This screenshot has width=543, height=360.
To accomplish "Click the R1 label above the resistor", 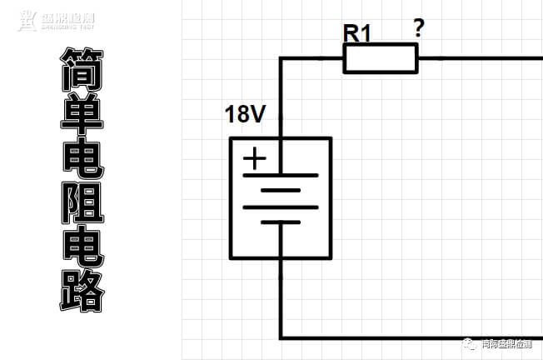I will tap(359, 32).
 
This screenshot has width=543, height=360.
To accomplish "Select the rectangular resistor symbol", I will tap(380, 58).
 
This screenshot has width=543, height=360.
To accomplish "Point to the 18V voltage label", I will tap(245, 114).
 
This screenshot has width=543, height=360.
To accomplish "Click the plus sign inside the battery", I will tap(255, 158).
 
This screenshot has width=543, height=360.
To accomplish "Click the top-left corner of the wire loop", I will tap(281, 58).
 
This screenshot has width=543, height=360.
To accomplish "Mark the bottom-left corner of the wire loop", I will tap(281, 337).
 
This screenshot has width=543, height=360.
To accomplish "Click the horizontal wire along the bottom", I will tap(408, 337).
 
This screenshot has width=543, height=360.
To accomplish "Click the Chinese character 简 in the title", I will tap(83, 68).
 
